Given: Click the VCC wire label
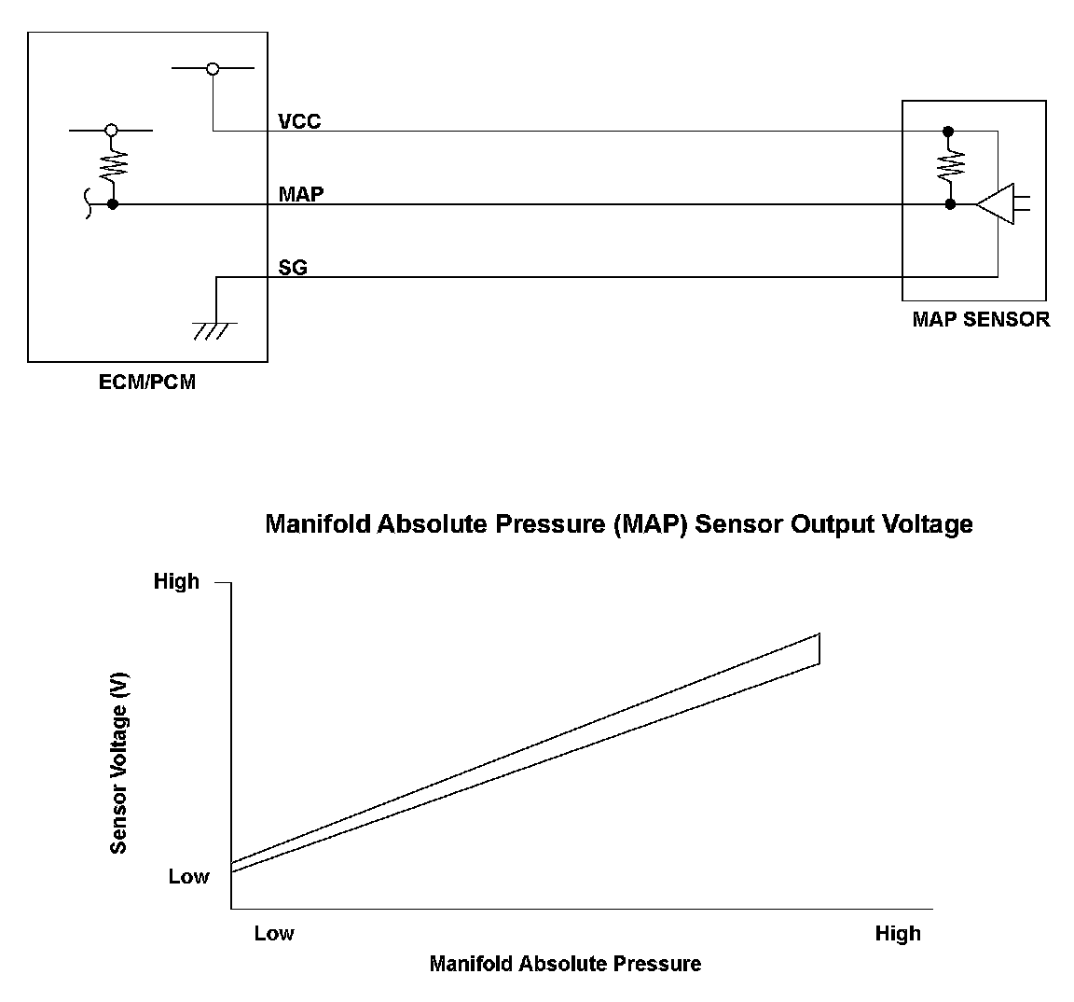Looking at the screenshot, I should pos(299,121).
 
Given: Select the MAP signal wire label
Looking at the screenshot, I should pos(301,194).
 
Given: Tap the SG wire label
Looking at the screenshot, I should pos(293,268).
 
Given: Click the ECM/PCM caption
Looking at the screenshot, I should pos(147,382).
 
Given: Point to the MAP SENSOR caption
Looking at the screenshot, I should pos(981,319).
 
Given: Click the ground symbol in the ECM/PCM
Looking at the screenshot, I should pos(215,328).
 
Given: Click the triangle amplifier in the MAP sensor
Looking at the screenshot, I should pos(996,203).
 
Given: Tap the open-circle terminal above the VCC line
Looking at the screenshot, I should pos(213,68).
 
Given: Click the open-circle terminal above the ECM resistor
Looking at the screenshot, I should pos(112,130).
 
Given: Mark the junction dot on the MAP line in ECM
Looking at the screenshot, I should pos(112,203).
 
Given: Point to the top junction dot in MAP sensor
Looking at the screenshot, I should pos(949,131).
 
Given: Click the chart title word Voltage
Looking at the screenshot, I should pos(928,524).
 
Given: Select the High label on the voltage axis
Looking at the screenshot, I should pos(176,581).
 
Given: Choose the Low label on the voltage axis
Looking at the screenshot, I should pos(188,877).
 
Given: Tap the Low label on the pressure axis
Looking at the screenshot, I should pos(274,933).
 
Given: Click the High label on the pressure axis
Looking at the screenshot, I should pos(898,933).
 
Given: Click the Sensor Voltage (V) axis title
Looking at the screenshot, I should pos(118,763).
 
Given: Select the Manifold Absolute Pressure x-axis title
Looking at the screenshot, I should pos(565,964).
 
